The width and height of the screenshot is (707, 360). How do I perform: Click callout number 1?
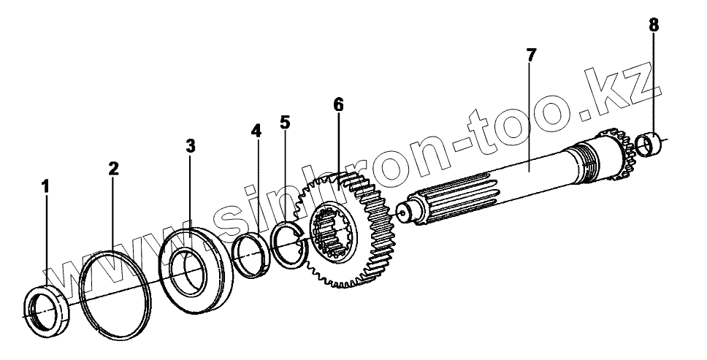pyautogui.click(x=45, y=187)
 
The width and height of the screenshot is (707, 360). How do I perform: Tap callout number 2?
pyautogui.click(x=113, y=169)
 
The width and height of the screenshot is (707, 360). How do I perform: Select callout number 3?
pyautogui.click(x=190, y=146)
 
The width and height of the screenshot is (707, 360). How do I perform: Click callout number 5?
pyautogui.click(x=285, y=122)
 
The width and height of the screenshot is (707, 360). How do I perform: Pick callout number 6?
pyautogui.click(x=338, y=104)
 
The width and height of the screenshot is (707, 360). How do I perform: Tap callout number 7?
pyautogui.click(x=531, y=55)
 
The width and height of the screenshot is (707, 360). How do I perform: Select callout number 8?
pyautogui.click(x=653, y=26)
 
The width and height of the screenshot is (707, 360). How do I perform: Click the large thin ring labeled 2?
pyautogui.click(x=117, y=291)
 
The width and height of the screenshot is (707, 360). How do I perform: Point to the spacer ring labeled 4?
pyautogui.click(x=253, y=256)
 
